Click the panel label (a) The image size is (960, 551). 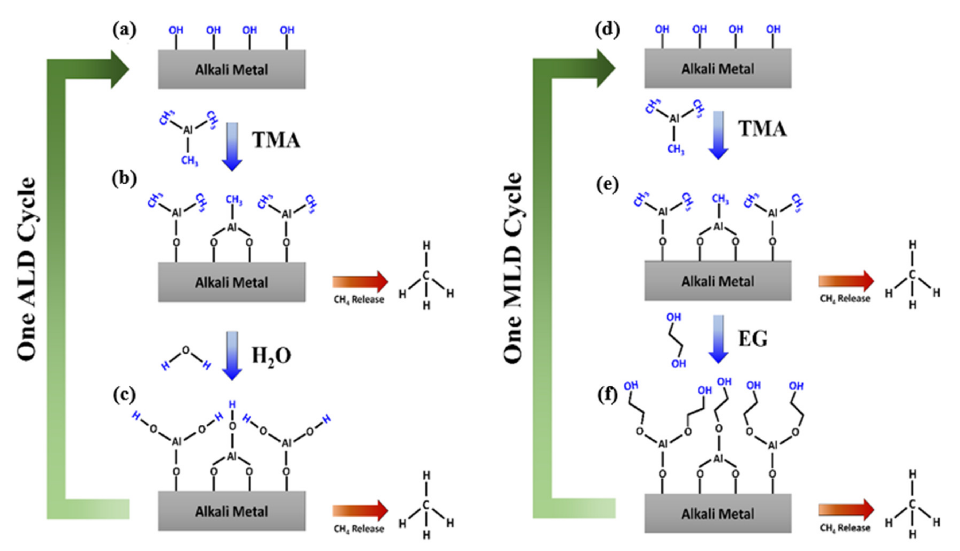(x=124, y=30)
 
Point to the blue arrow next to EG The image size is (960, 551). (x=718, y=339)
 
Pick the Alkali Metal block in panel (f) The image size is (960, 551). (x=718, y=514)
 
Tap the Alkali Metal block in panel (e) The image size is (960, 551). (x=718, y=281)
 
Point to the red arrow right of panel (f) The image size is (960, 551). (x=846, y=510)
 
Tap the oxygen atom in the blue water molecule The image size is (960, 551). (x=185, y=350)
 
